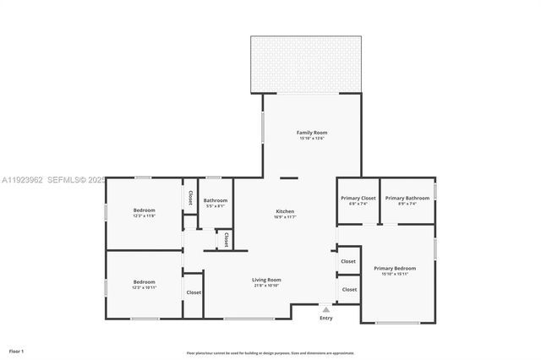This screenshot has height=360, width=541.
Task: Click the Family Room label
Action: (311, 133)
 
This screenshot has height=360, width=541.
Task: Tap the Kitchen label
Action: (285, 211)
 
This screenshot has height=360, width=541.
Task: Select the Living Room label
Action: (266, 280)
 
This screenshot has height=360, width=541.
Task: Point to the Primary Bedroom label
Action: (394, 268)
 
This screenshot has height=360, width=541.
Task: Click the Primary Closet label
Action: (358, 198)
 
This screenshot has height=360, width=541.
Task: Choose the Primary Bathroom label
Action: (407, 198)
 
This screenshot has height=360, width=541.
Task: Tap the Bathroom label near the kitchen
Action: (215, 200)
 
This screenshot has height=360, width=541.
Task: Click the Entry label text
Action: (325, 318)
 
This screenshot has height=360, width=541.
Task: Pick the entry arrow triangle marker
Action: (325, 309)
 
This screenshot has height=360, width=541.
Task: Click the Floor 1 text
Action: (17, 350)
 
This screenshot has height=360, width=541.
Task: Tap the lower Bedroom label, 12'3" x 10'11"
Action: (144, 281)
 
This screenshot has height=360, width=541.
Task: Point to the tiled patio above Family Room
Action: (306, 63)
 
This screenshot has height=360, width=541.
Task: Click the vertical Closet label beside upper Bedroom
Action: (190, 198)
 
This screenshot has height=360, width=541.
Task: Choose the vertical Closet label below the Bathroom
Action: (226, 239)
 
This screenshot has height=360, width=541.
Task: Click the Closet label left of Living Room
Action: (194, 292)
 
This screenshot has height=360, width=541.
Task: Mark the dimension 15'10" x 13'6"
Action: (311, 139)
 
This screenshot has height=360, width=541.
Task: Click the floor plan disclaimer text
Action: (270, 352)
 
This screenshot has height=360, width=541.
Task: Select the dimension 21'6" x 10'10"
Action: (266, 286)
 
